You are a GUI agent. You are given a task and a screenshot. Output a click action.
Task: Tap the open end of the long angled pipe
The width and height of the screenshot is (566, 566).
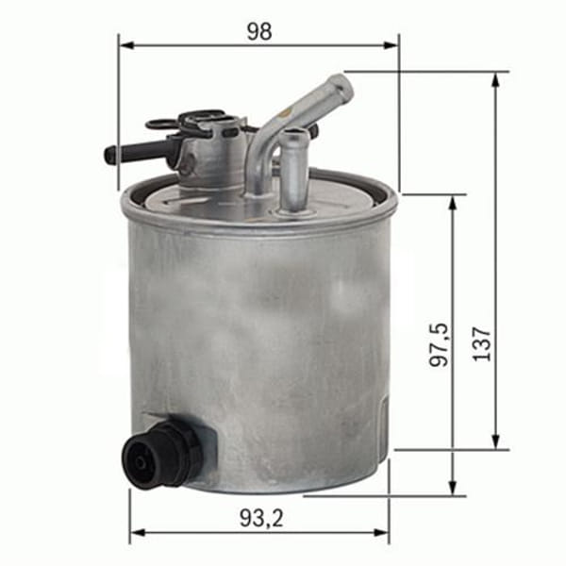click(341, 87)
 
